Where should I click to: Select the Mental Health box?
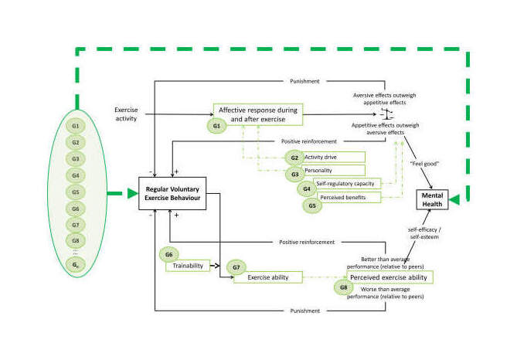pos(435,199)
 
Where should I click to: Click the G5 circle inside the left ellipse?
pos(75,192)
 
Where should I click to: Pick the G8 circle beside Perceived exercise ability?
pos(344,288)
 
